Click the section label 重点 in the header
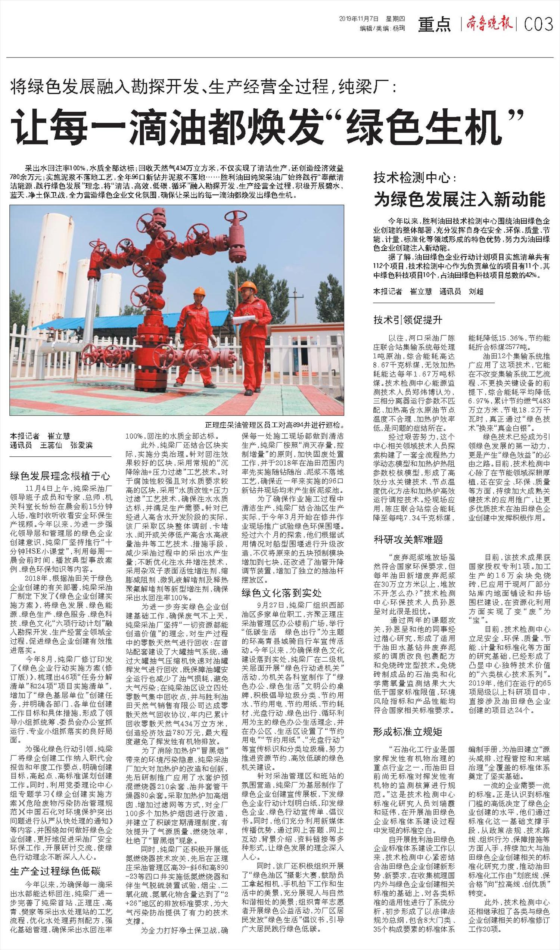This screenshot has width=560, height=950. pyautogui.click(x=434, y=25)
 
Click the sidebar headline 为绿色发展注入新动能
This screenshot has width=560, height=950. pyautogui.click(x=459, y=199)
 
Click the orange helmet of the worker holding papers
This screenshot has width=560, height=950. pyautogui.click(x=248, y=286)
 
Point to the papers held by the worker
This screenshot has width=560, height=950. pyautogui.click(x=243, y=320)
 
